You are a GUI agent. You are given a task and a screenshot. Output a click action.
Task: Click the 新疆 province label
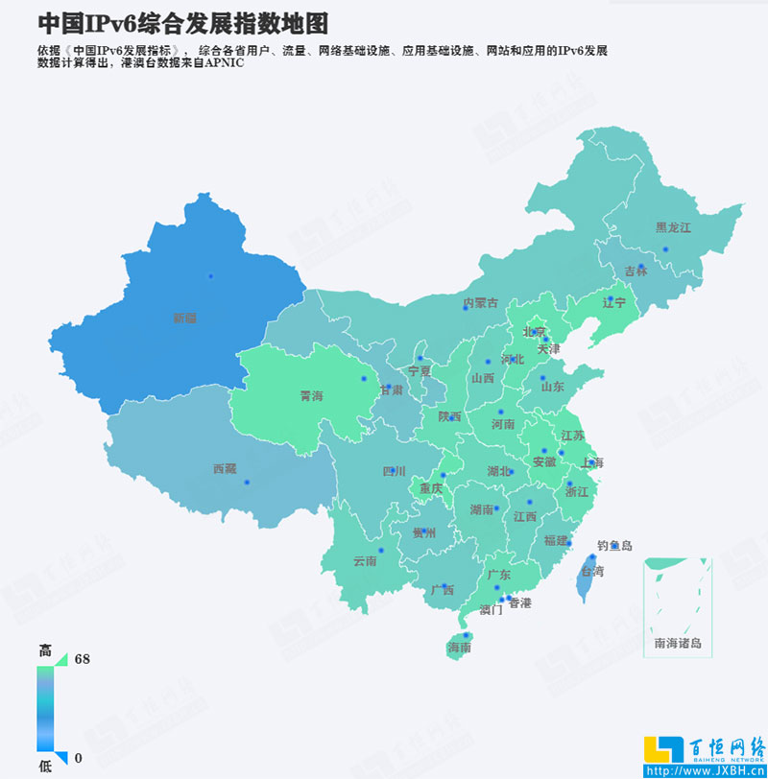pyautogui.click(x=184, y=318)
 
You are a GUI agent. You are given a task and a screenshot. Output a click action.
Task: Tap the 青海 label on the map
pyautogui.click(x=312, y=394)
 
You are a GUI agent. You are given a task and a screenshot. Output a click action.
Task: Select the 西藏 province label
pyautogui.click(x=224, y=469)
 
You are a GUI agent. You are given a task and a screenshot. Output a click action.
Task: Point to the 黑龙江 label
pyautogui.click(x=673, y=227)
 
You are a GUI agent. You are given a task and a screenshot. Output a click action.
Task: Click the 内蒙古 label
pyautogui.click(x=481, y=303)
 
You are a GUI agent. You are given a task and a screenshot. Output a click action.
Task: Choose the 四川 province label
pyautogui.click(x=394, y=471)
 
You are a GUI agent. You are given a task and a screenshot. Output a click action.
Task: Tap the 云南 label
pyautogui.click(x=365, y=560)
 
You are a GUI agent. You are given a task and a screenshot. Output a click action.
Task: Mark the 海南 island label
pyautogui.click(x=459, y=648)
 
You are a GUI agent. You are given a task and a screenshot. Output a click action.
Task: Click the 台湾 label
pyautogui.click(x=593, y=571)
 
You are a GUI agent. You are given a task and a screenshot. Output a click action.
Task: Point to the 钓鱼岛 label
pyautogui.click(x=614, y=546)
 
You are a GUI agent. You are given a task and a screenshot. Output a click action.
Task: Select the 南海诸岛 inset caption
pyautogui.click(x=677, y=643)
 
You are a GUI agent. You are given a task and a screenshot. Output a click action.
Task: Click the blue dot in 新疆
pyautogui.click(x=210, y=276)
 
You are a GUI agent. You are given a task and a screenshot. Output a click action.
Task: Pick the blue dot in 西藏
pyautogui.click(x=247, y=482)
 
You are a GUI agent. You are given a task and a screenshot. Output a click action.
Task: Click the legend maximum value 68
pyautogui.click(x=82, y=659)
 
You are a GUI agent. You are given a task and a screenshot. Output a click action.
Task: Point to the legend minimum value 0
pyautogui.click(x=79, y=758)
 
